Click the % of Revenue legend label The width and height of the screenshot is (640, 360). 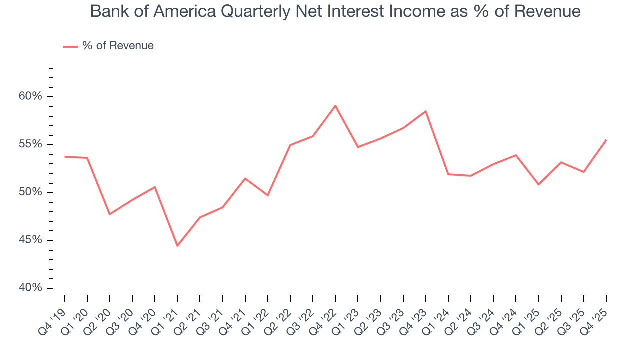[x=118, y=46]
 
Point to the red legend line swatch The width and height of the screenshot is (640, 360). [x=70, y=46]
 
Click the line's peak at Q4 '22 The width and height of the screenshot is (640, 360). [x=335, y=106]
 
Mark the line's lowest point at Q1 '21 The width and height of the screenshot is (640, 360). [x=177, y=246]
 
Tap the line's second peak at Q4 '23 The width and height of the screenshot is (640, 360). [x=426, y=111]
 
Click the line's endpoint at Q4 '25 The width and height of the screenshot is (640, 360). [x=606, y=140]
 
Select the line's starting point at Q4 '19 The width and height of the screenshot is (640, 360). [x=64, y=157]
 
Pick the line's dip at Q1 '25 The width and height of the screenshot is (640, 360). [x=538, y=185]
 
